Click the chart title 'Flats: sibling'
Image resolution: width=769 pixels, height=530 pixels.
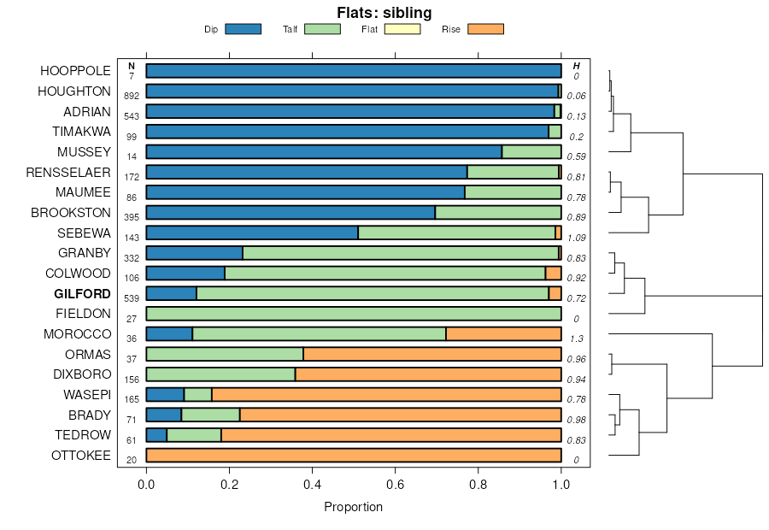coord(384,13)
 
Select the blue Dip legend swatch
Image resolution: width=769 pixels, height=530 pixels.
coord(243,29)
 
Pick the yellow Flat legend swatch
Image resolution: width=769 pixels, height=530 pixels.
coord(402,29)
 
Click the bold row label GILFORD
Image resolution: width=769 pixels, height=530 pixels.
coord(82,293)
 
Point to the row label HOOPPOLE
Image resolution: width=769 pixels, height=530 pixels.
coord(75,71)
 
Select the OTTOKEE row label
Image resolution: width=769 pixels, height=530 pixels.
coord(81,456)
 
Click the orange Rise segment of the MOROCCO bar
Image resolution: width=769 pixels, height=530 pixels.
coord(503,334)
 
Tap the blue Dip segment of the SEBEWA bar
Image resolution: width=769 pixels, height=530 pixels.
coord(252,233)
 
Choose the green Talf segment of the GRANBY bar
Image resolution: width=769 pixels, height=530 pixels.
coord(400,253)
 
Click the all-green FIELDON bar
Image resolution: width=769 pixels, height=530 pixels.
coord(354,314)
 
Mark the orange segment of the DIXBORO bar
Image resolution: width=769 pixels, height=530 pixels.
coord(428,374)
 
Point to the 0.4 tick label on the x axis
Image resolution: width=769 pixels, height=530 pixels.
coord(313,485)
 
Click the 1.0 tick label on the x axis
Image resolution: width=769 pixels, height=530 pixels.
coord(561,485)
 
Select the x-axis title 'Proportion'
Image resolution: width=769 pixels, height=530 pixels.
coord(353,507)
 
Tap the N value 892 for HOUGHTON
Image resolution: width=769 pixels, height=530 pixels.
coord(132,97)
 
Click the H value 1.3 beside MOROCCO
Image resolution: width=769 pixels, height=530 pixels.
coord(577,339)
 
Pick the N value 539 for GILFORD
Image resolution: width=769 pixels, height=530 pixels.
coord(132,299)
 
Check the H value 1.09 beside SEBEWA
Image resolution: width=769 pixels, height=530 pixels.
coord(577,238)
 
